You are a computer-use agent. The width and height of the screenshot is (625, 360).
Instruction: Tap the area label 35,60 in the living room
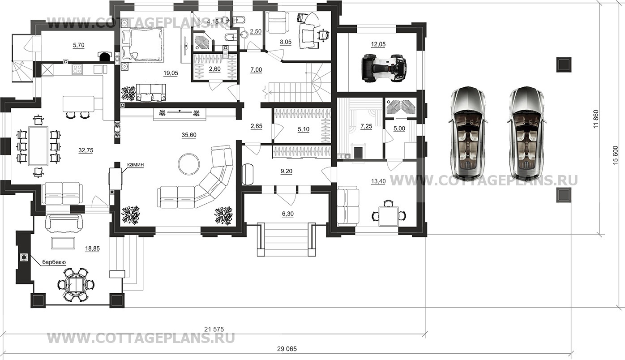(x=189, y=135)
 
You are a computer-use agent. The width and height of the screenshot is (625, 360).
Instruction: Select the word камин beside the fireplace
(x=136, y=165)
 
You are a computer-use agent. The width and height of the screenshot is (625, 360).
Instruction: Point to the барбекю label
(x=54, y=262)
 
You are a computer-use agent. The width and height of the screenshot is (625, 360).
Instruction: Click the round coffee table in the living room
(x=189, y=163)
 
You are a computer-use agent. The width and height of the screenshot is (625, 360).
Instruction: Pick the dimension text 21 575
(x=214, y=329)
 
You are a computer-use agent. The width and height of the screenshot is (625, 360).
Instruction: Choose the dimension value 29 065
(x=287, y=349)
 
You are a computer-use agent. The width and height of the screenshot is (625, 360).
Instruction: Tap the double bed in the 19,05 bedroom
(x=142, y=45)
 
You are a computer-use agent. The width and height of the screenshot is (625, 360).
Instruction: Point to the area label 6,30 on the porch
(x=288, y=214)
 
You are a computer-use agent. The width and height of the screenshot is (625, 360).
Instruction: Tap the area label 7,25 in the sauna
(x=366, y=127)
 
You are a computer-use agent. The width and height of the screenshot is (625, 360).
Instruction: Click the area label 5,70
(x=79, y=45)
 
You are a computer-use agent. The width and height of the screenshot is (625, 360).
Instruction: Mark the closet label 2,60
(x=215, y=69)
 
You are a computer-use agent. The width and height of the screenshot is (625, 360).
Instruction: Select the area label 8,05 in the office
(x=286, y=42)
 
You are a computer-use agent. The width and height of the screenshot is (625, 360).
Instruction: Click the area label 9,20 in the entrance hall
(x=287, y=171)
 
